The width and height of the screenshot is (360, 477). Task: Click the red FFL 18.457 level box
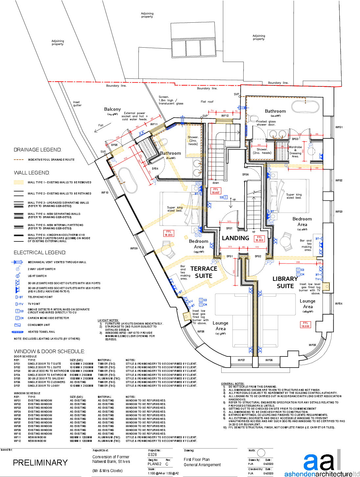tap(216, 191)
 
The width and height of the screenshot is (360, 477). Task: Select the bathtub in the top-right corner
tap(305, 106)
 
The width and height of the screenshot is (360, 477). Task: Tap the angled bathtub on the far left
tap(128, 180)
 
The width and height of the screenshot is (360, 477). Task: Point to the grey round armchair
tap(286, 242)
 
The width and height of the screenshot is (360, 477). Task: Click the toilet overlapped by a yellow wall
tap(168, 250)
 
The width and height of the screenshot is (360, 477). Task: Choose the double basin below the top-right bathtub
tap(278, 134)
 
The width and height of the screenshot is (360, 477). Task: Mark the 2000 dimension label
tap(298, 262)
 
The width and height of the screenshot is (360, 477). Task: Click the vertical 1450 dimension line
tap(235, 272)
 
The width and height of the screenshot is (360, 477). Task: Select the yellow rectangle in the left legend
tap(19, 182)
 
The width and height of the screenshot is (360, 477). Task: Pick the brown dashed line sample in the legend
tap(19, 160)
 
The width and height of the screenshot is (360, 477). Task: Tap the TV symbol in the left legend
tap(19, 304)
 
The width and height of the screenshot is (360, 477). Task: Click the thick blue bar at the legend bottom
tap(17, 332)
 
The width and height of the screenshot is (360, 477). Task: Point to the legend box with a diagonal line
tap(18, 325)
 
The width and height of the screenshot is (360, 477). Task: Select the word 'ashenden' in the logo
tap(300, 474)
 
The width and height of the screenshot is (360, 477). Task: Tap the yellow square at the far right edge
tap(326, 286)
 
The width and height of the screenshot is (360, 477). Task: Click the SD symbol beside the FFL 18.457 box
tap(224, 197)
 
